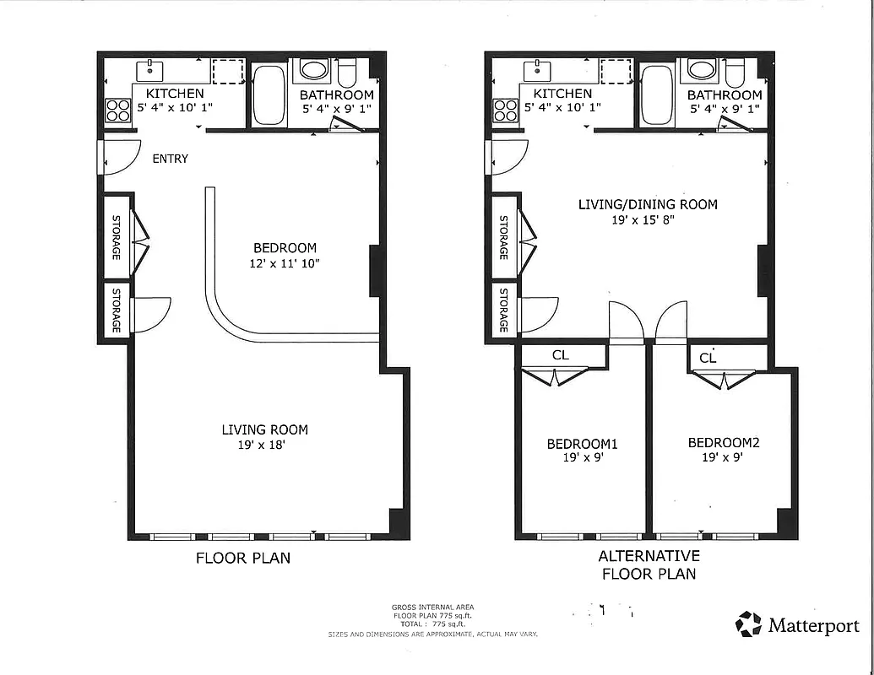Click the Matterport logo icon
pos(748,624)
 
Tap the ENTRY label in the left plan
pos(170,159)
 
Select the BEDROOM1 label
pos(582,444)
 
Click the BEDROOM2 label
pos(724,443)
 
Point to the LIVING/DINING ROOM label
pos(648,204)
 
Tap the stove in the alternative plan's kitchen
pos(505,110)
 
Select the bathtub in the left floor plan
pos(269,94)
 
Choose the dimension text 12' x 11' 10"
pos(285,263)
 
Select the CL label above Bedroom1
pos(561,355)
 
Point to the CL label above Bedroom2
pos(708,358)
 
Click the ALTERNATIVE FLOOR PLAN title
pos(649,564)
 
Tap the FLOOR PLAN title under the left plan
pos(243,558)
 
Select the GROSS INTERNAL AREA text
pos(432,607)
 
